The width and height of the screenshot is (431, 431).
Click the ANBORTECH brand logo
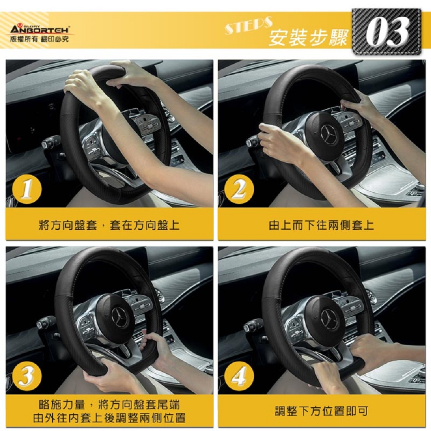pyautogui.click(x=40, y=29)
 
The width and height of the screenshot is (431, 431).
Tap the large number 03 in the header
pyautogui.click(x=388, y=32)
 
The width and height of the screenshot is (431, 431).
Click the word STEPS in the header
pyautogui.click(x=249, y=25)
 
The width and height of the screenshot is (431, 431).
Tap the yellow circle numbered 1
pyautogui.click(x=27, y=189)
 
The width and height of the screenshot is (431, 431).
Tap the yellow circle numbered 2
pyautogui.click(x=239, y=189)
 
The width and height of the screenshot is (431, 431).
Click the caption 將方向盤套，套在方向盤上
pyautogui.click(x=109, y=225)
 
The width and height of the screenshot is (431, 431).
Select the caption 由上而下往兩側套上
pyautogui.click(x=322, y=225)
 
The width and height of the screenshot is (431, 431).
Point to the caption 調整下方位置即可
pyautogui.click(x=322, y=411)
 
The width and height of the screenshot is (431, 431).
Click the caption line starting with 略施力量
pyautogui.click(x=109, y=405)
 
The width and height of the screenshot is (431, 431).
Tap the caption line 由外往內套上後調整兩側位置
pyautogui.click(x=109, y=418)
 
